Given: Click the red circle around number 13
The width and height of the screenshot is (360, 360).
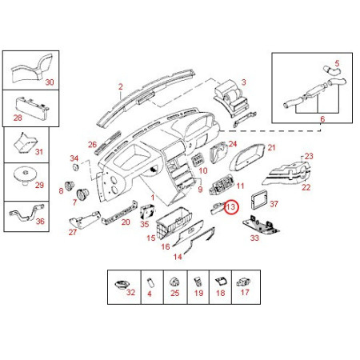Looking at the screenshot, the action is pos(224,207).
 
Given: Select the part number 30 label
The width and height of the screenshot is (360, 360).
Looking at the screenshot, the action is pos(50,82).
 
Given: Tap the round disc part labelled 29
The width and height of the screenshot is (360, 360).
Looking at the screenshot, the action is pos(25,175).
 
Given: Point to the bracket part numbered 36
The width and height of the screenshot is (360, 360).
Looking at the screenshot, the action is pos(26,212).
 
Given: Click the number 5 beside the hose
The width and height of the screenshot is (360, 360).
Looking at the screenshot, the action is pos(337,63).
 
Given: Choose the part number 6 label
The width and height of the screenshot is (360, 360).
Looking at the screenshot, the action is pos(322,119).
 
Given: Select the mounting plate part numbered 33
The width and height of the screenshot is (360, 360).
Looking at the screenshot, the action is pos(262,226).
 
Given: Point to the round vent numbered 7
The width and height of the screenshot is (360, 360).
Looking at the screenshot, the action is pos(82,194).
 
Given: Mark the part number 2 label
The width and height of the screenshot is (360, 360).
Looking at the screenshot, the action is pos(121,86).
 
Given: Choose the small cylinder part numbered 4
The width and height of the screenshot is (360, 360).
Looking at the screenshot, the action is pos(150,282).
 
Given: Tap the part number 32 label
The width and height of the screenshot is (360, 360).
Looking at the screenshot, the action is pos(130,292).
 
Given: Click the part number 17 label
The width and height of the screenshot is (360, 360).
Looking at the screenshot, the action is pos(245,292).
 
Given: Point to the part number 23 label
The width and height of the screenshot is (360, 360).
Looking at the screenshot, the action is pos(309,156).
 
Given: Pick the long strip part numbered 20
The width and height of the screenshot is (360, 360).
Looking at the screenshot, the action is pos(120,212).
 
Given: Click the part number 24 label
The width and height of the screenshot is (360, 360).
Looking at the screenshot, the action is pos(233,144).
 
